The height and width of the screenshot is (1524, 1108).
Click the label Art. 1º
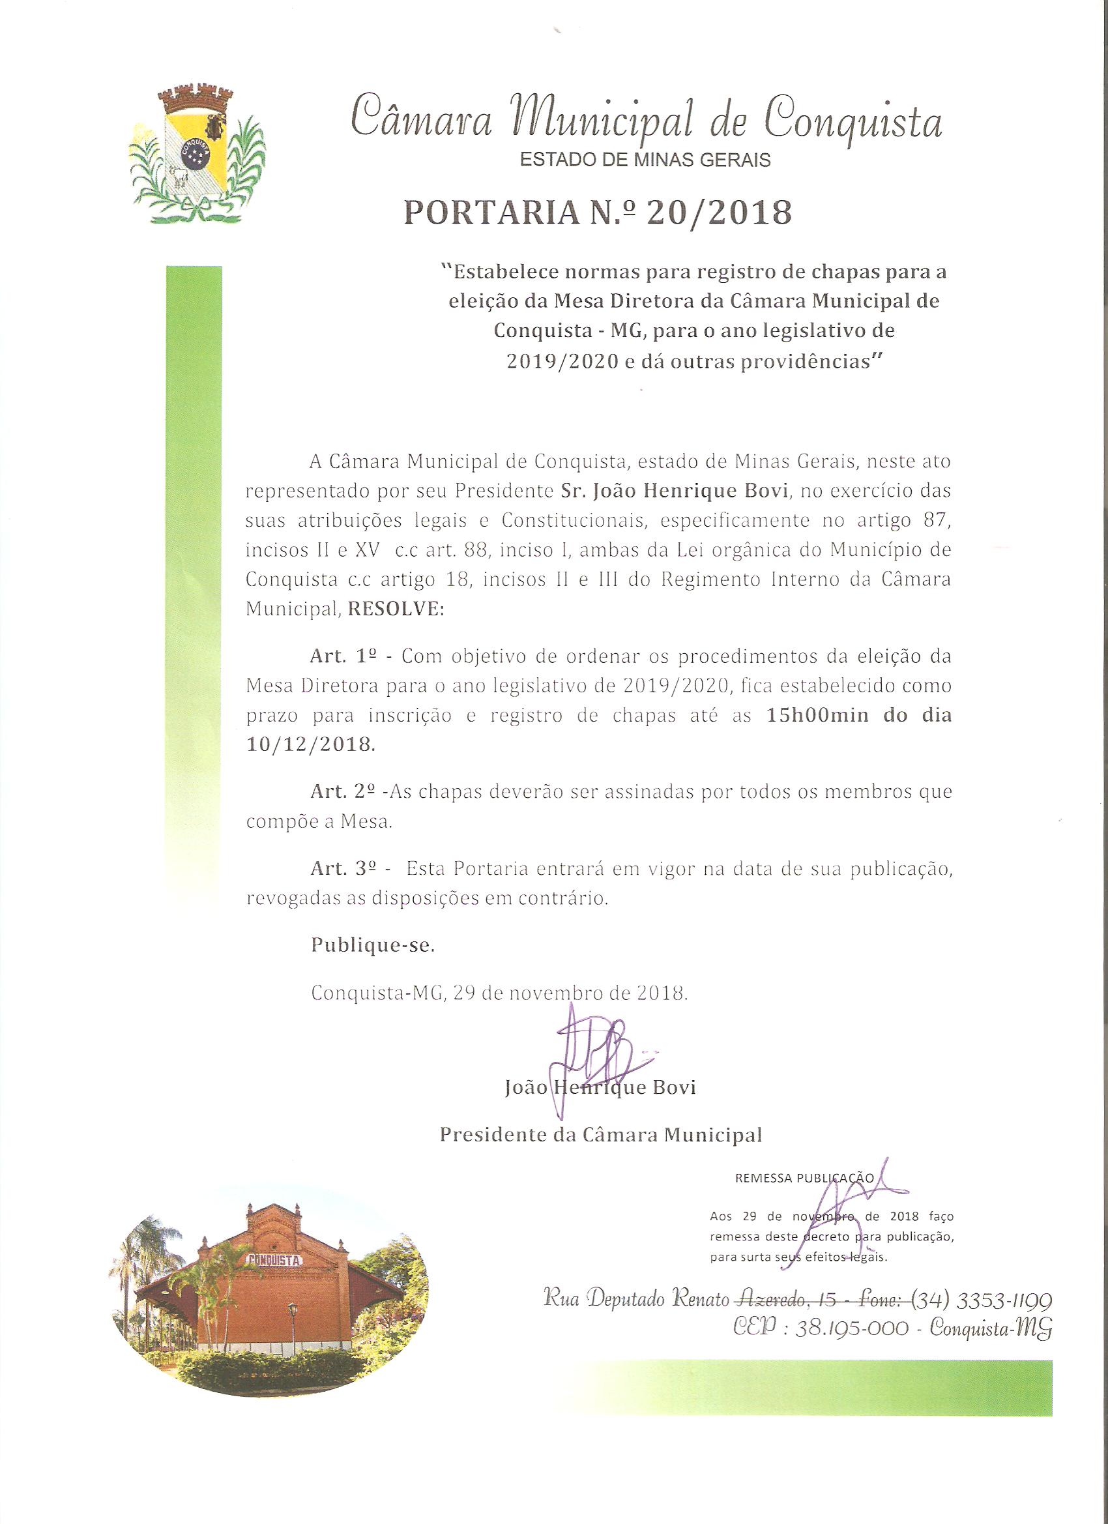tap(340, 656)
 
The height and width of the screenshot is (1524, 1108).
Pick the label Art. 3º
tap(340, 869)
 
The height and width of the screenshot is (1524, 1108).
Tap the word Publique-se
tap(373, 945)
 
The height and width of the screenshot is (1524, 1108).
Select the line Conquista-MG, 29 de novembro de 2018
tap(500, 993)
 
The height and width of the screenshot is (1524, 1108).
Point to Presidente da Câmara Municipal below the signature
tap(601, 1135)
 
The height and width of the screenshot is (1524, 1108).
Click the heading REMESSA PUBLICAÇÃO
tap(804, 1197)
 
